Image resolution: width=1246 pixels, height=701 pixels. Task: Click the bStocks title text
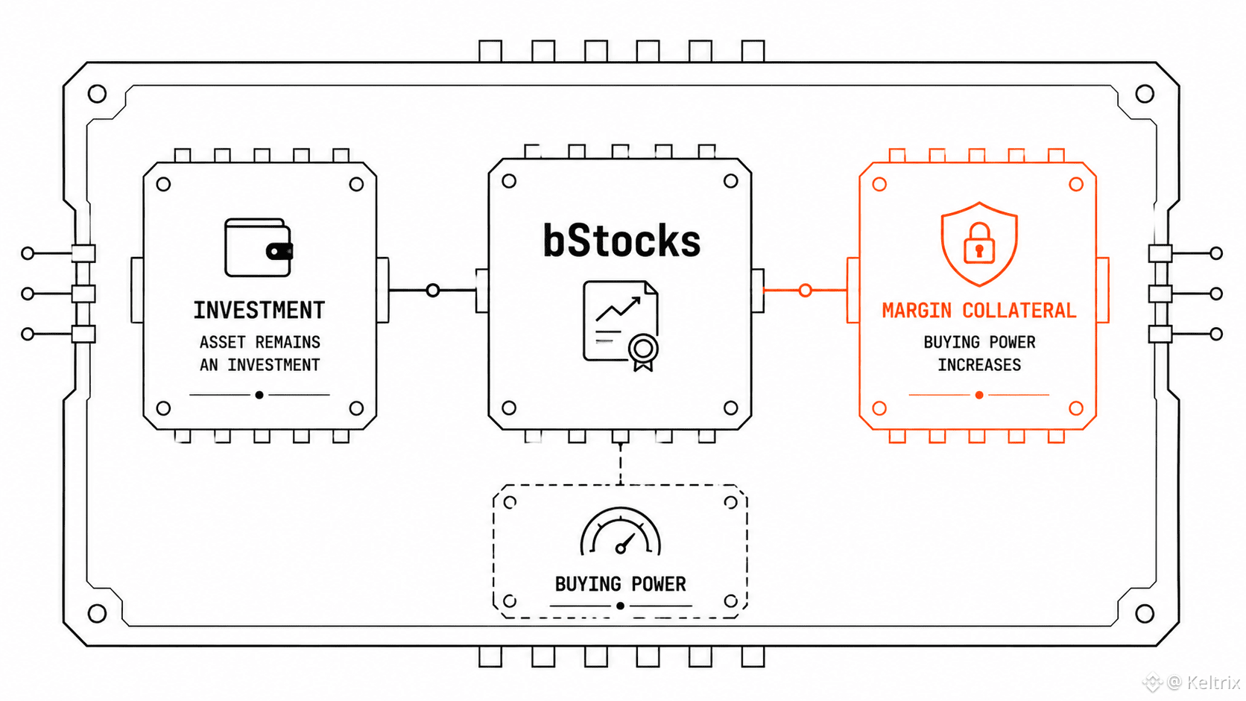pos(622,240)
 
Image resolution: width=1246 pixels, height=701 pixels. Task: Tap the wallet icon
pos(259,247)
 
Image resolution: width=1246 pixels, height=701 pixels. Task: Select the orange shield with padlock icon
pos(979,244)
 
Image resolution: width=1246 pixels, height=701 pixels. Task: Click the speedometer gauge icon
pos(620,531)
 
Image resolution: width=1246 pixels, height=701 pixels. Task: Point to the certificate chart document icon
pos(621,326)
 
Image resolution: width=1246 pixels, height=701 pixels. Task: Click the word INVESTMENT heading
pos(259,310)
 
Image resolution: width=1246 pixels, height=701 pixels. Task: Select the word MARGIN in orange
pos(917,310)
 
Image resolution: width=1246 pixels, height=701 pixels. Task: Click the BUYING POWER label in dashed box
pos(620,584)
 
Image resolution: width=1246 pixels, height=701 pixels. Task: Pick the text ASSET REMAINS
pos(260,342)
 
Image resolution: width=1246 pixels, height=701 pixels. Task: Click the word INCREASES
pos(979,365)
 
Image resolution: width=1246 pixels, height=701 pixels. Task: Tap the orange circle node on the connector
pos(805,291)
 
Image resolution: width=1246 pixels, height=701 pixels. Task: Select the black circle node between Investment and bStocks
pos(433,291)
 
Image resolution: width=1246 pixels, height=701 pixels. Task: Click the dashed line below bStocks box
pos(620,464)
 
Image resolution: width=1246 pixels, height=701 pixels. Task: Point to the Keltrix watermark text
pos(1212,682)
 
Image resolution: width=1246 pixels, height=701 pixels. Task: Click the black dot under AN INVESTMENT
pos(259,395)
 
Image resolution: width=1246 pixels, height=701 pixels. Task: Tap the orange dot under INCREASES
pos(979,395)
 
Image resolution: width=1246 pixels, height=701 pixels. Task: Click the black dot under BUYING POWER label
pos(620,606)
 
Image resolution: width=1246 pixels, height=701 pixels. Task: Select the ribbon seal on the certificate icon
pos(643,352)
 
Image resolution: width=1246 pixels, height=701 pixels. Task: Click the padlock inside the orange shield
pos(979,243)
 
